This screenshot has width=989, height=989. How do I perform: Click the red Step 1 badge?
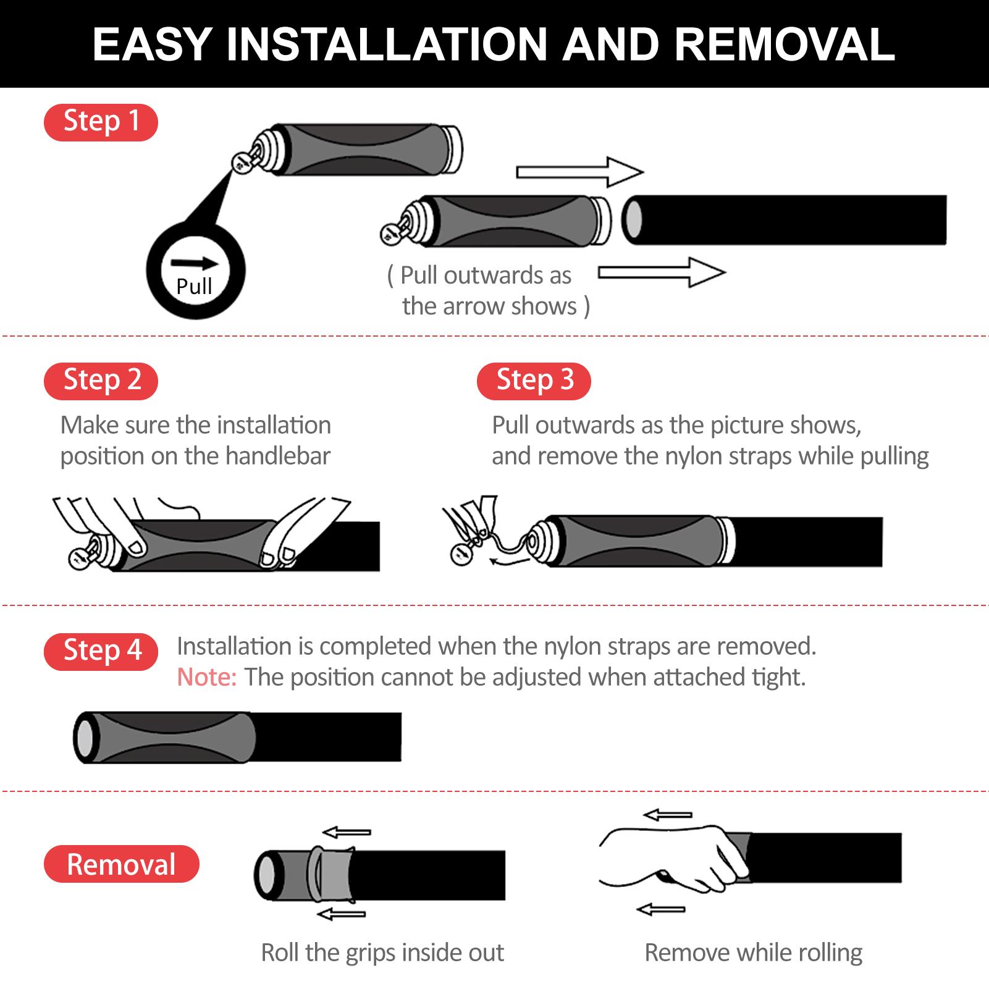tap(101, 122)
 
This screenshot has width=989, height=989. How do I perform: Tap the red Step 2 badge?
tap(101, 381)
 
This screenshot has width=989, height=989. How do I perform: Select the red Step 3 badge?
tap(534, 381)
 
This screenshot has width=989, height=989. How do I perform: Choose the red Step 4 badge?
tap(101, 651)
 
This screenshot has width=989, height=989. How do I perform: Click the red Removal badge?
tap(122, 864)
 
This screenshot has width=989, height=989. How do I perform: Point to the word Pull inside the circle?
tap(194, 287)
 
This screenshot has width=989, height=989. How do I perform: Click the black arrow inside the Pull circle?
tap(195, 263)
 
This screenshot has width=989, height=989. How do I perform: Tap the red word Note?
tap(207, 678)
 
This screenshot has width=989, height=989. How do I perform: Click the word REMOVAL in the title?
tap(785, 44)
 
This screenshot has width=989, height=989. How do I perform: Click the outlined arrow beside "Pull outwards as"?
tap(662, 272)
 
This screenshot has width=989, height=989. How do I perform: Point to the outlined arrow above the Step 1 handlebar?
tap(580, 172)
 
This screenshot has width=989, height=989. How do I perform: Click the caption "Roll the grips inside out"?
tap(382, 953)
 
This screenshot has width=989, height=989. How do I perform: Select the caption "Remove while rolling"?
tap(754, 953)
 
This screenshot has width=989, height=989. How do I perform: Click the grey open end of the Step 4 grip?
tap(85, 738)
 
